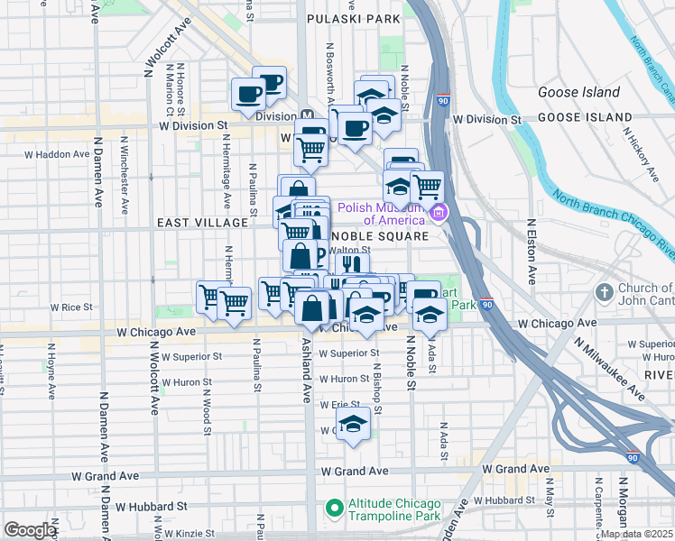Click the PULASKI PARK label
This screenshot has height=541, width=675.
pyautogui.click(x=353, y=18)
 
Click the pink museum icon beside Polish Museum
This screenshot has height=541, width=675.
pyautogui.click(x=439, y=214)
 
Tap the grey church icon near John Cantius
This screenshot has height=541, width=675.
pyautogui.click(x=606, y=294)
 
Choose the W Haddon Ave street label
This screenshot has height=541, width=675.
pyautogui.click(x=57, y=154)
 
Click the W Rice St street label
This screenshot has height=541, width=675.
pyautogui.click(x=71, y=307)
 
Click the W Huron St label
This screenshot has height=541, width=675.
pyautogui.click(x=344, y=380)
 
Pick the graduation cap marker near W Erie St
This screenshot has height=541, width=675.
pyautogui.click(x=355, y=426)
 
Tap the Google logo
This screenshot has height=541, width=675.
pyautogui.click(x=29, y=530)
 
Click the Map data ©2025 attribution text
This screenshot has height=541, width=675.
pyautogui.click(x=635, y=534)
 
